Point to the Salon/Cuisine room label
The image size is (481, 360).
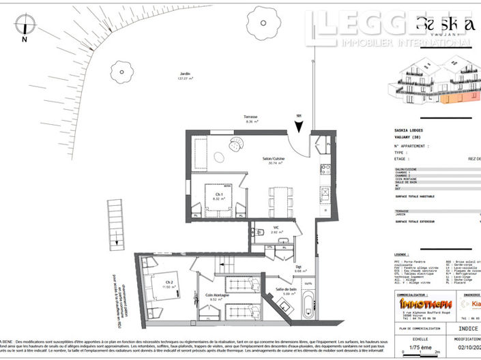(x=274, y=160)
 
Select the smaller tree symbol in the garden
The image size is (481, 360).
(x=121, y=70)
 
